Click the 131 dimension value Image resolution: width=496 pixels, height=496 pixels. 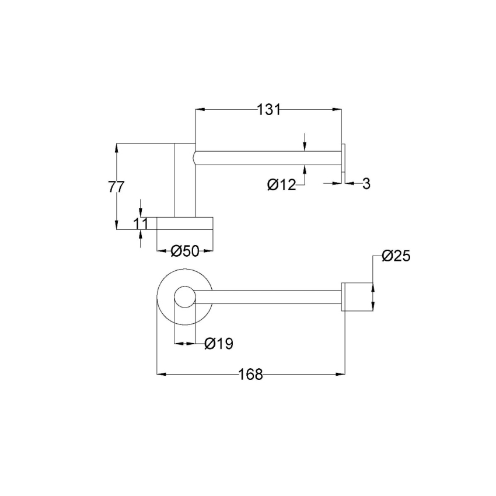point(268,110)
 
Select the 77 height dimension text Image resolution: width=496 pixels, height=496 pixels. point(116,187)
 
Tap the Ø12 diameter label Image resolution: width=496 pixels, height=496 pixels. point(281,185)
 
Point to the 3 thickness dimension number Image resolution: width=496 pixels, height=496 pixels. point(366,183)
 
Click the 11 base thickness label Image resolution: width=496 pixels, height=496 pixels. point(141,223)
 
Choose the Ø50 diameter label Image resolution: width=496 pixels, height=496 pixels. point(185,251)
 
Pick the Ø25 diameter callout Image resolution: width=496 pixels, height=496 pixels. point(396,256)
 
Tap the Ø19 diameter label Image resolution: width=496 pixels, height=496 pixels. point(219,343)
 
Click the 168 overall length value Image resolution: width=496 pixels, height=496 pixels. point(250,375)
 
